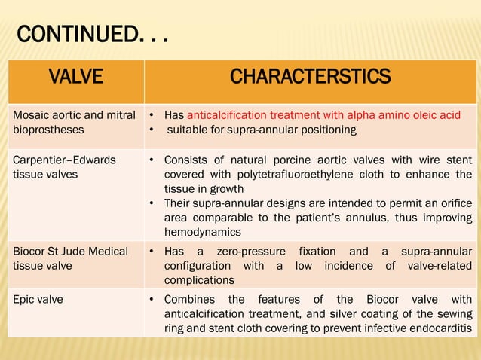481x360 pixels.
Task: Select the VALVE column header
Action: tap(75, 77)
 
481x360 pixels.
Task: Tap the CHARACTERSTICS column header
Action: tap(310, 77)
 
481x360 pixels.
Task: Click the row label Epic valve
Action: tap(38, 299)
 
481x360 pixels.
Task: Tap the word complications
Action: tap(200, 280)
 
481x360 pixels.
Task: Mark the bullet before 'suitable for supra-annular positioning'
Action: tap(152, 130)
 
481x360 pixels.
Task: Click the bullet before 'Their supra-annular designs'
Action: tap(152, 204)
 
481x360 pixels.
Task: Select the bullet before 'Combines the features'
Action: tap(152, 300)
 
